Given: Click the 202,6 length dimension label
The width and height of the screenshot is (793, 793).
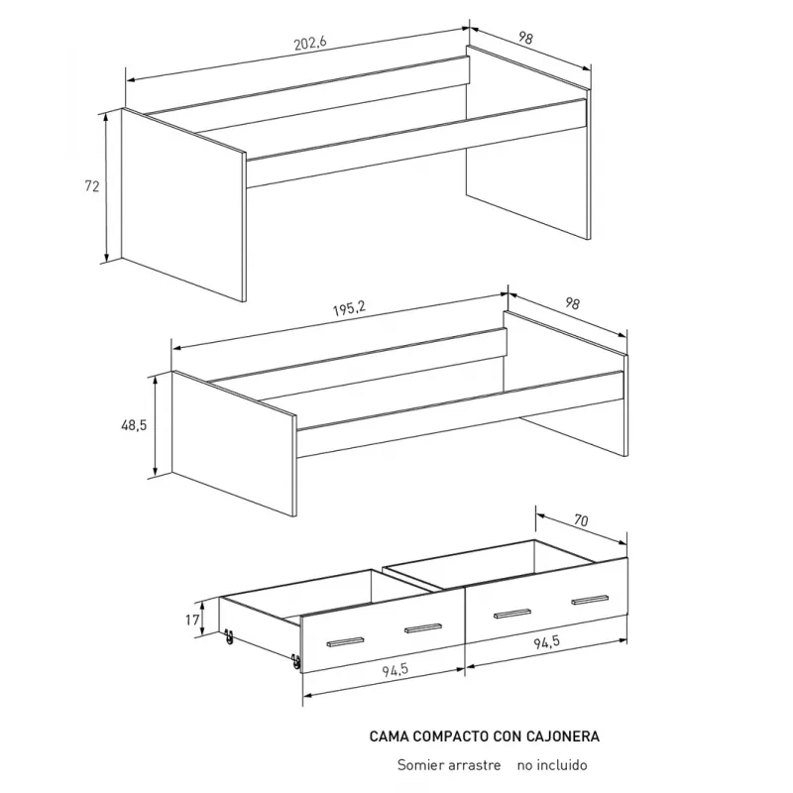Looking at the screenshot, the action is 310,43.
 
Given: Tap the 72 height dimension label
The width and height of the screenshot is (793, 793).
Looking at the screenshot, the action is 92,186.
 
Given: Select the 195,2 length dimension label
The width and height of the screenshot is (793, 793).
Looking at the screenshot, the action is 349,308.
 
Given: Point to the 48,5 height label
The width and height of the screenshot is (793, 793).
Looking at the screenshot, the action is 134,425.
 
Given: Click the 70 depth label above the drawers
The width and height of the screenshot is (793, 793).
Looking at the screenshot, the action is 581,519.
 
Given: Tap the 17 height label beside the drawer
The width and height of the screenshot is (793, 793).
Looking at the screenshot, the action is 192,620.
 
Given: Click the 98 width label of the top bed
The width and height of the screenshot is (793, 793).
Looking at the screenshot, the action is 525,38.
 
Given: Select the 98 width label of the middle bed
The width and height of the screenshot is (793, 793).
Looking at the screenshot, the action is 572,303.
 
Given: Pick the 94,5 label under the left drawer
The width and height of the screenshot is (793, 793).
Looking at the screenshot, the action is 395,670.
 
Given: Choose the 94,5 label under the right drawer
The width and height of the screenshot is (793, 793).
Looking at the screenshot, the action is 547,641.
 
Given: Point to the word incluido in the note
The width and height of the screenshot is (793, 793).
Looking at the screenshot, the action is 562,764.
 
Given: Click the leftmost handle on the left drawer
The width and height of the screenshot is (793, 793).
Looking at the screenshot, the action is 345,641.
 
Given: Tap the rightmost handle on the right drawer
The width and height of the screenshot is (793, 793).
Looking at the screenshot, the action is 590,600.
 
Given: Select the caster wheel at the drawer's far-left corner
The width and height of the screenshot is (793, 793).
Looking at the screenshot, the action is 229,636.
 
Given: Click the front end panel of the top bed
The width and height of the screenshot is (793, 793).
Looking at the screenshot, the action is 183,205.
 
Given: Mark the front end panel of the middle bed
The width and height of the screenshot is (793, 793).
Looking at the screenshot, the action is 234,443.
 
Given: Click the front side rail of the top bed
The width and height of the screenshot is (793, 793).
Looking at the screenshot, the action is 416,143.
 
